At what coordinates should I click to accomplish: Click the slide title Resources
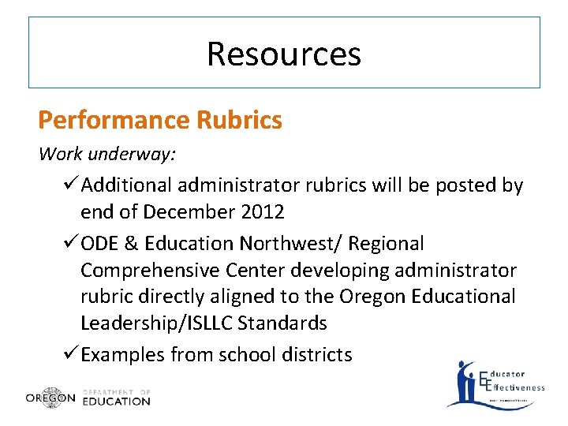click(x=284, y=54)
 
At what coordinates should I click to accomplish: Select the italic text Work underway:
click(x=107, y=154)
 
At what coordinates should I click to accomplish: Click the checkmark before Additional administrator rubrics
click(x=69, y=185)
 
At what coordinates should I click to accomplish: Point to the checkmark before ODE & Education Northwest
click(x=69, y=244)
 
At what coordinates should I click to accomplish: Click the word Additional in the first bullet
click(x=126, y=185)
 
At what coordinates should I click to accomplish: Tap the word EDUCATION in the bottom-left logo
click(x=116, y=401)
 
